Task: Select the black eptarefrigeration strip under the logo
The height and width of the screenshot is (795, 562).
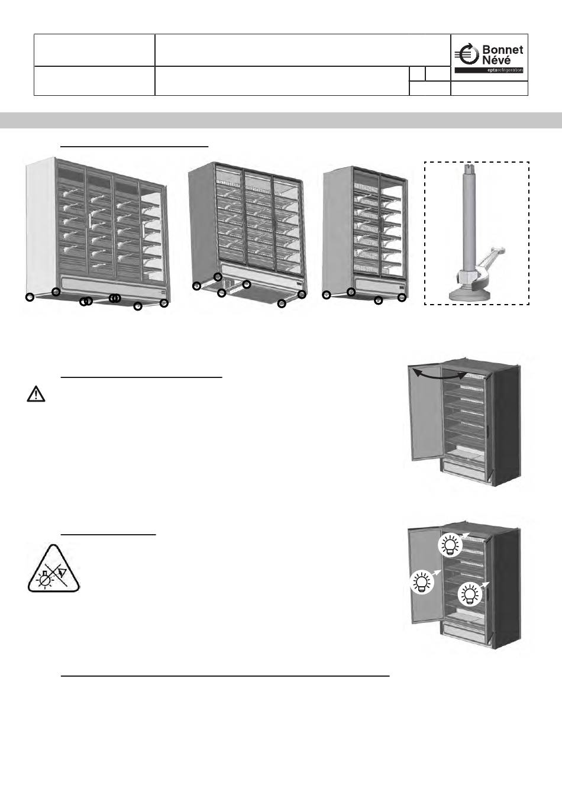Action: point(489,70)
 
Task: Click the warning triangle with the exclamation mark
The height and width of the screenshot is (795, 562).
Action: point(36,395)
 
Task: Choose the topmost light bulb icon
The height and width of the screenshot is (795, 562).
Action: point(450,545)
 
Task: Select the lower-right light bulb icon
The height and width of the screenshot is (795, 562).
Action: point(470,593)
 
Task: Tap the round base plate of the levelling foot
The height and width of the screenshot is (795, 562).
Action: point(471,294)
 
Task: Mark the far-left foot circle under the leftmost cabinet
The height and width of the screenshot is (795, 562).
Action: point(30,297)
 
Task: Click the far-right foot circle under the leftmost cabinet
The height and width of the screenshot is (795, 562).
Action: point(164,303)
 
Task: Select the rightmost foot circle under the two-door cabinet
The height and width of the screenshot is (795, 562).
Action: point(402,298)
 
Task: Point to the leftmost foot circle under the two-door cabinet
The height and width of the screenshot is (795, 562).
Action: point(326,295)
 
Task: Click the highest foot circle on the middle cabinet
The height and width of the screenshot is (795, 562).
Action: point(218,277)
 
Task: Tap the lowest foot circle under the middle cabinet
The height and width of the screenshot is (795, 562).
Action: point(282,304)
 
